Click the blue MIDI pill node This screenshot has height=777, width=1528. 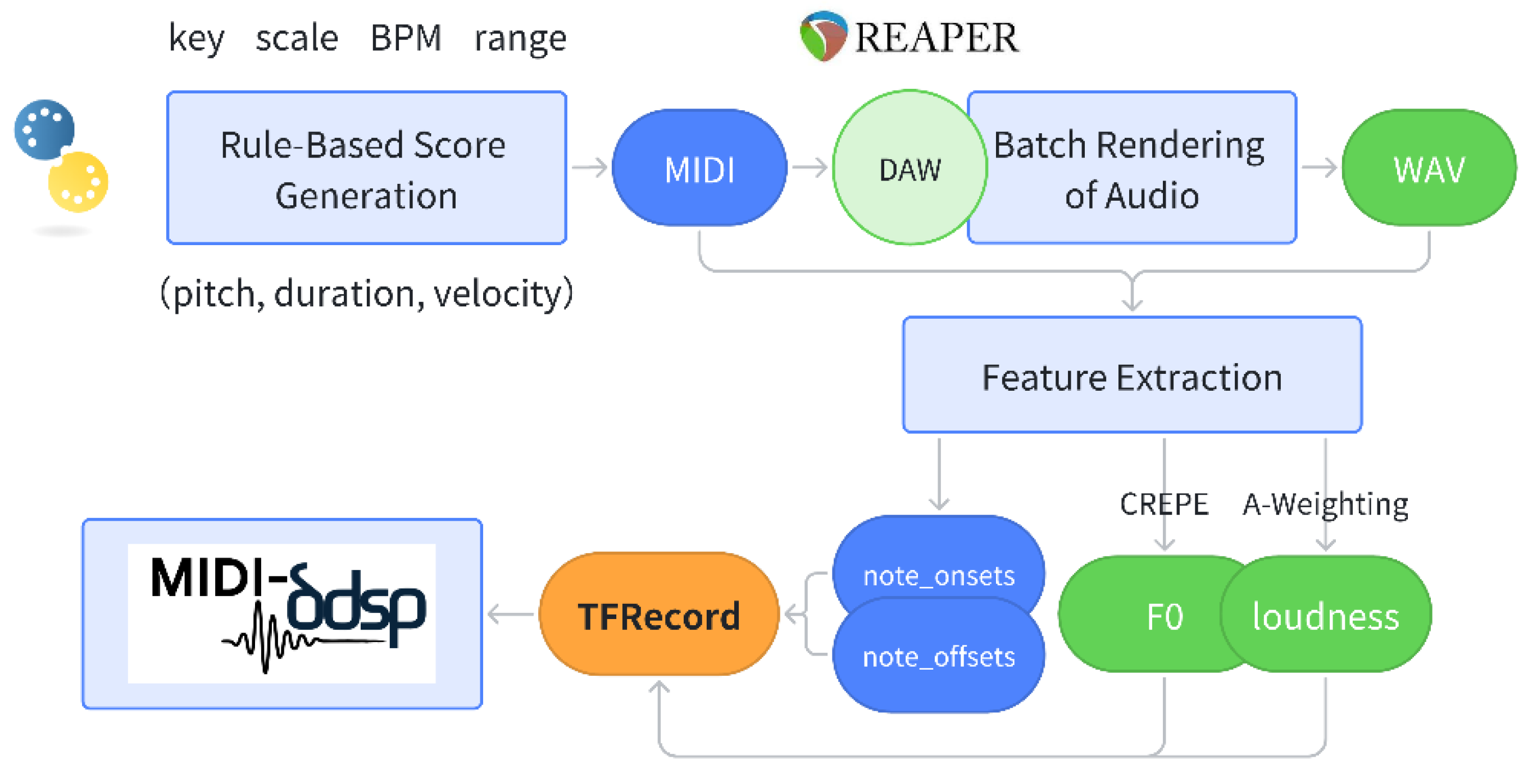(x=699, y=168)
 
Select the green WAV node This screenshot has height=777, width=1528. (x=1429, y=168)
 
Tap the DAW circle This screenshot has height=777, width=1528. (x=909, y=168)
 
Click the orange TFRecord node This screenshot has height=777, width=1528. (x=659, y=614)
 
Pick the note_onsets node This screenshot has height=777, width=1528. (x=939, y=570)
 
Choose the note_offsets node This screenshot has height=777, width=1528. (x=939, y=656)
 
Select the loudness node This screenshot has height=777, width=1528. (x=1326, y=615)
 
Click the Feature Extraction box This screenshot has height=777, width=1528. (x=1133, y=375)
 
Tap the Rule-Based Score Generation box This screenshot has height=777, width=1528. (x=367, y=168)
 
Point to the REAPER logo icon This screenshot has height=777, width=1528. (x=824, y=35)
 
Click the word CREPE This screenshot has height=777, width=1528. (x=1164, y=504)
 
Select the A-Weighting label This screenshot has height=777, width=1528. (x=1325, y=505)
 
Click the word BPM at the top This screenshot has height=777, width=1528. (x=406, y=38)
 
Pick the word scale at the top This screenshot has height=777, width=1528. (x=297, y=38)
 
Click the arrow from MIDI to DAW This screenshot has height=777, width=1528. (x=810, y=168)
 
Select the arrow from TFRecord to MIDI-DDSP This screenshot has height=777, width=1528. (x=511, y=615)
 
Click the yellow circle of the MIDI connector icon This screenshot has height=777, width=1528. (x=78, y=182)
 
